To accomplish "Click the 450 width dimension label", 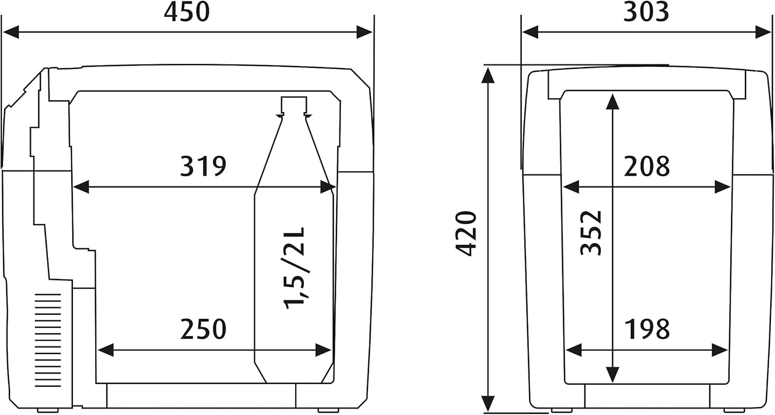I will point(187,12).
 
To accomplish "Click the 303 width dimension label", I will point(646,12).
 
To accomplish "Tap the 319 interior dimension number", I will point(203,166).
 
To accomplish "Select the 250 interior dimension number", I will point(203,329).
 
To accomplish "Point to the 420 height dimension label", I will point(466,234).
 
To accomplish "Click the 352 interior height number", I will point(591,233).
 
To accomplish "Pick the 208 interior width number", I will point(646,166).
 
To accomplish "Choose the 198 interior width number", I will point(646,329).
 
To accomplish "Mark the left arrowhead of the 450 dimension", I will point(10,32).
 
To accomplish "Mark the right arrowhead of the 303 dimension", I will point(764,32).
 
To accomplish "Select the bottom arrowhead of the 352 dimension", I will point(612,374).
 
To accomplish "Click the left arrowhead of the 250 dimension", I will point(105,350).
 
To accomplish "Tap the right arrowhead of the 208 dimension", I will point(723,187).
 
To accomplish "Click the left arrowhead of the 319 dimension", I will point(81,187).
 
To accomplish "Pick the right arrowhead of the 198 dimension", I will point(720,350).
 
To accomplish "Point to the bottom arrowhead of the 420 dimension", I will point(488,404).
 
